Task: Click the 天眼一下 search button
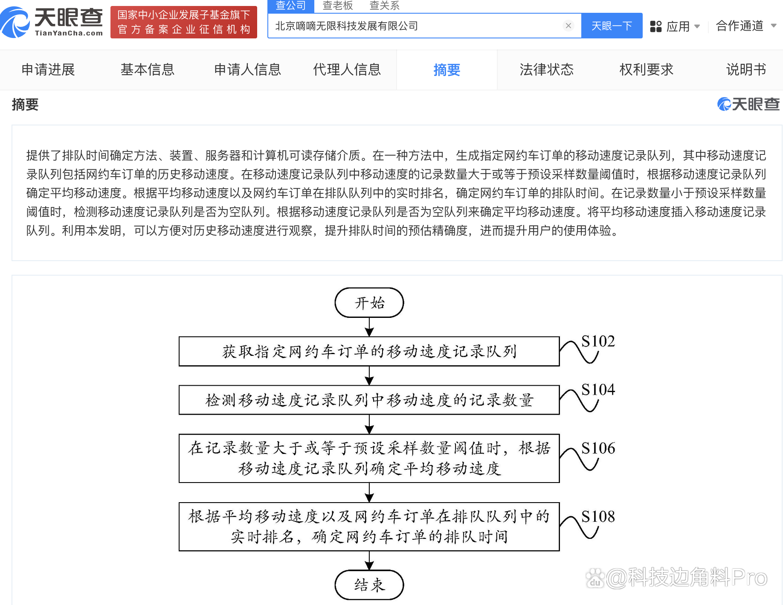pyautogui.click(x=612, y=26)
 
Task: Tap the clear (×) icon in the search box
pyautogui.click(x=568, y=26)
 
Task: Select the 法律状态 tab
pyautogui.click(x=546, y=70)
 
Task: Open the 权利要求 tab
pyautogui.click(x=646, y=70)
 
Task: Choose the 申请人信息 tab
pyautogui.click(x=247, y=70)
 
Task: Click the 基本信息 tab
pyautogui.click(x=148, y=70)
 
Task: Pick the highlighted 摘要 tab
pyautogui.click(x=447, y=70)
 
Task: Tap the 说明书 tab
pyautogui.click(x=746, y=70)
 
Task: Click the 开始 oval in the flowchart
pyautogui.click(x=369, y=302)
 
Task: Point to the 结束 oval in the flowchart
pyautogui.click(x=369, y=585)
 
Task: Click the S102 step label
pyautogui.click(x=598, y=341)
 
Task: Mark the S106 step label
pyautogui.click(x=598, y=448)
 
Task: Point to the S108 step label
pyautogui.click(x=598, y=517)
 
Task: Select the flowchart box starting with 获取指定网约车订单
pyautogui.click(x=369, y=352)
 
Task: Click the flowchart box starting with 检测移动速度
pyautogui.click(x=369, y=400)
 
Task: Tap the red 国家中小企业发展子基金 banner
pyautogui.click(x=184, y=22)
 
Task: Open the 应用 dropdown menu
pyautogui.click(x=675, y=26)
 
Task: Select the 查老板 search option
pyautogui.click(x=338, y=6)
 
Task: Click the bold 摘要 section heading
pyautogui.click(x=25, y=105)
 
